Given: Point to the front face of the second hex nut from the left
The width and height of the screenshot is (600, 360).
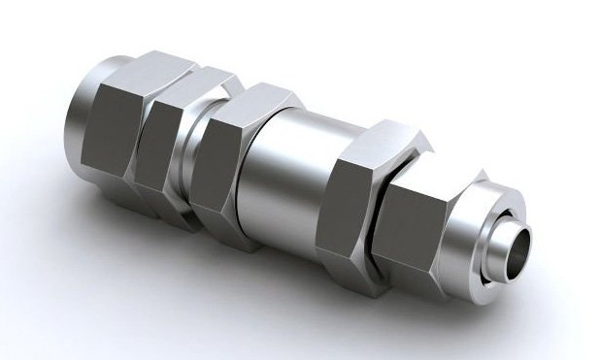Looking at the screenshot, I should pos(160,146).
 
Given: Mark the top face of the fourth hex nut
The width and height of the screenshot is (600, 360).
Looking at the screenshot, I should pos(383,136).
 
